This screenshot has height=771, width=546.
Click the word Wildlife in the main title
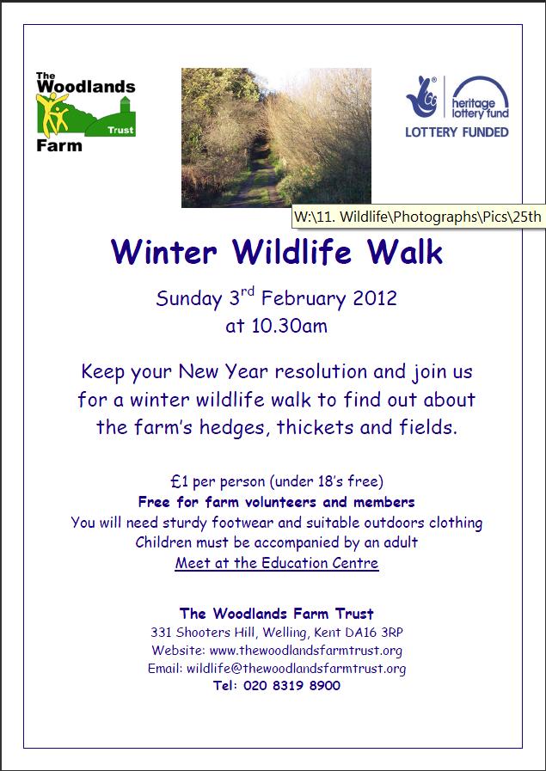pyautogui.click(x=292, y=251)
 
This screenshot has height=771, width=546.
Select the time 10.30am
pyautogui.click(x=277, y=326)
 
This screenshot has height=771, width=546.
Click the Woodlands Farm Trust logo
pyautogui.click(x=86, y=112)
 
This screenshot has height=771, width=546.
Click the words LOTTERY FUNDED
pyautogui.click(x=457, y=132)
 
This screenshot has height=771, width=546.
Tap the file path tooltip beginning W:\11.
pyautogui.click(x=419, y=217)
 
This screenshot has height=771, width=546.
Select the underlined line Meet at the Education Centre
pyautogui.click(x=277, y=562)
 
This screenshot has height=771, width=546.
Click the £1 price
pyautogui.click(x=180, y=480)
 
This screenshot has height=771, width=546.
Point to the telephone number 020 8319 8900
pyautogui.click(x=291, y=685)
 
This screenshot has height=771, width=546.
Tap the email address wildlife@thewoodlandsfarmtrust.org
pyautogui.click(x=296, y=668)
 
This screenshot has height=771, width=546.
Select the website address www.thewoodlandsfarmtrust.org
pyautogui.click(x=306, y=650)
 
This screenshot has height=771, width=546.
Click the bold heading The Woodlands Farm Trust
pyautogui.click(x=277, y=613)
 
